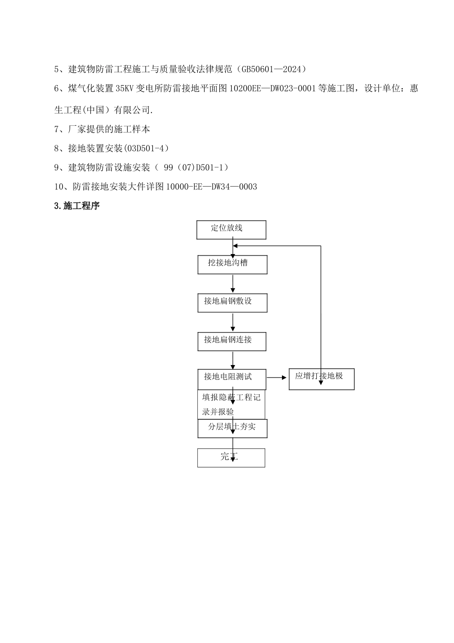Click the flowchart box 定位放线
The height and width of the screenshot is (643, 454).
tap(231, 230)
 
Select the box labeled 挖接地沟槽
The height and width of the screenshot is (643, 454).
tap(232, 264)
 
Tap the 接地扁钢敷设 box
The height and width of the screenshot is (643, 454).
tap(232, 302)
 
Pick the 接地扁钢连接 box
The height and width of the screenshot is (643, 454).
tap(232, 341)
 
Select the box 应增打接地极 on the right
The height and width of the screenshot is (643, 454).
tap(322, 379)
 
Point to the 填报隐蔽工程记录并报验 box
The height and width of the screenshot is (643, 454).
tap(231, 405)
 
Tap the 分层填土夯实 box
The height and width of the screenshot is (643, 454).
tap(232, 428)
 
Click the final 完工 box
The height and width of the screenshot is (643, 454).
tap(231, 457)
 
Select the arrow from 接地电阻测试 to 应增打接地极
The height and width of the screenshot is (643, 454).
tap(277, 377)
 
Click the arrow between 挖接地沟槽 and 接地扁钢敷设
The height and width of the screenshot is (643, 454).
tap(233, 284)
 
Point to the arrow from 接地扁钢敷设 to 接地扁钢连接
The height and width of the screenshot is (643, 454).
tap(233, 322)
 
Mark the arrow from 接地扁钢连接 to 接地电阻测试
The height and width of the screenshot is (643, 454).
tap(233, 360)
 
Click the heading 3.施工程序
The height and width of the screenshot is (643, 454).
tap(77, 206)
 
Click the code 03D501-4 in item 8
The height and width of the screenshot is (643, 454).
tap(146, 148)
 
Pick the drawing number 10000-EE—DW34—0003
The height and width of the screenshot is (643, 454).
tap(211, 187)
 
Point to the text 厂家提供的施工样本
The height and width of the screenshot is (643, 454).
tap(109, 129)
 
